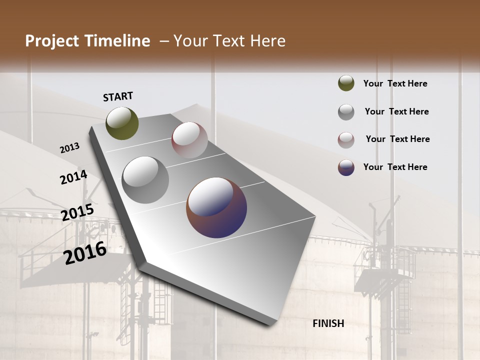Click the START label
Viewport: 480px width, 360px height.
[x=118, y=96]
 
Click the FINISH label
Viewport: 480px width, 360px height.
[x=328, y=323]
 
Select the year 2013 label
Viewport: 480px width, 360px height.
[x=69, y=148]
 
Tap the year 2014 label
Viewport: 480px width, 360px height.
[x=73, y=177]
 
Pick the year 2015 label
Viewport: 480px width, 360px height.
[x=77, y=212]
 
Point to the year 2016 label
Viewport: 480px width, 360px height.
[x=85, y=252]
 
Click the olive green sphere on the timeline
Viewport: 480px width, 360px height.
[x=122, y=123]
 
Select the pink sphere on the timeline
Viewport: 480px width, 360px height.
[x=189, y=140]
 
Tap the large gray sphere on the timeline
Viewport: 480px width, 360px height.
[x=145, y=179]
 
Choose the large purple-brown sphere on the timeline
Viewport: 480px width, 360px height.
[x=216, y=207]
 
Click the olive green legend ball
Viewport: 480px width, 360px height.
[x=346, y=83]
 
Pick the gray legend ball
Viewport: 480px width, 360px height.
[x=346, y=111]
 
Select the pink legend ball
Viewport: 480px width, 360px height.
[x=346, y=139]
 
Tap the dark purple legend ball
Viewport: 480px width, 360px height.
[x=346, y=167]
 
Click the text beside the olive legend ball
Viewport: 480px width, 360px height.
[x=395, y=83]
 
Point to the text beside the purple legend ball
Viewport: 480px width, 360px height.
[x=395, y=167]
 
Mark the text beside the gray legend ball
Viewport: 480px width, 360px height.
[x=396, y=111]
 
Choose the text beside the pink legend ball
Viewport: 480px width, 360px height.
[x=397, y=139]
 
